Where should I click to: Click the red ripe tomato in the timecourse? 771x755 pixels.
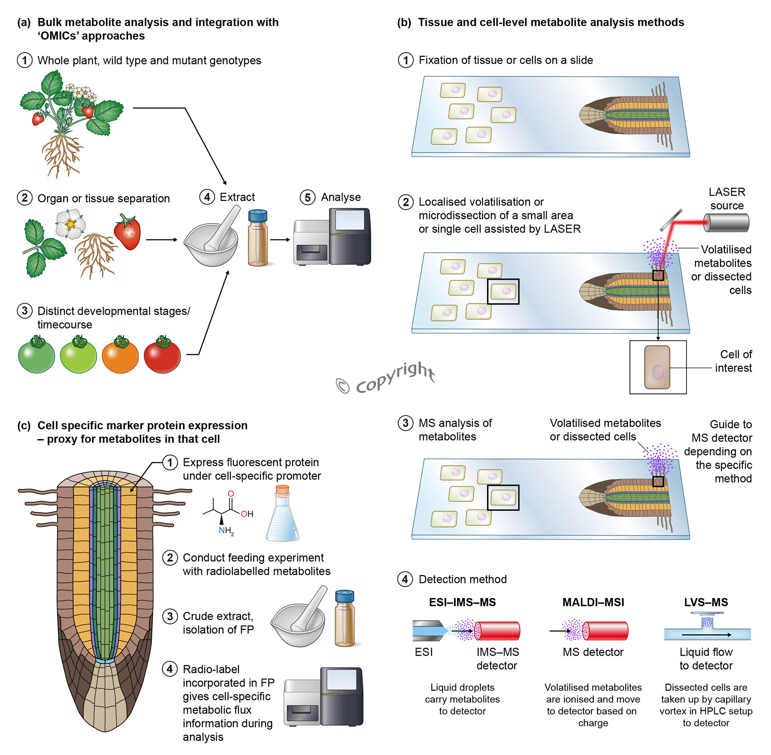(162, 355)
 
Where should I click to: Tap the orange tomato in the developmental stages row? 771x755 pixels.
(120, 355)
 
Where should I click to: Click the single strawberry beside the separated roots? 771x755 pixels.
(128, 233)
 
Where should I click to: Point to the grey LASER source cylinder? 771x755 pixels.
(726, 223)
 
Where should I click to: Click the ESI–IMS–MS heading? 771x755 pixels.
(462, 602)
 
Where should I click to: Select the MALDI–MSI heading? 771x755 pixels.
(593, 602)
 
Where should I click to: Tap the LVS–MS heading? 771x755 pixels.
(706, 602)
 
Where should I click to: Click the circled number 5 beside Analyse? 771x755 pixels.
(308, 198)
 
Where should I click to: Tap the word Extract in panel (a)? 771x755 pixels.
(237, 197)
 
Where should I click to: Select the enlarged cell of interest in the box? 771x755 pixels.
(657, 367)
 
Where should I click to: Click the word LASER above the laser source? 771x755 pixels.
(727, 192)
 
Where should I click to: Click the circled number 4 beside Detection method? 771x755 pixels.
(405, 579)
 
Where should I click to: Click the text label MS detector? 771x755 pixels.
(593, 652)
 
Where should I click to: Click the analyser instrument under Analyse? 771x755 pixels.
(332, 237)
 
